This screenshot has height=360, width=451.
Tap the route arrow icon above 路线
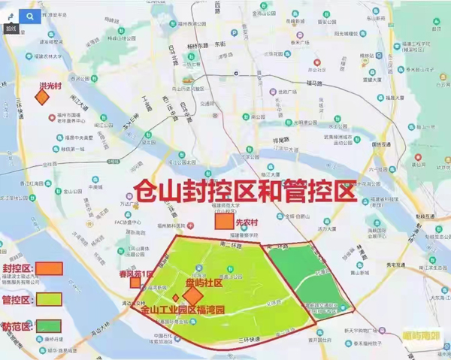tap(10, 16)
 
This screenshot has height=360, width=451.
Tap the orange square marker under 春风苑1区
tap(136, 283)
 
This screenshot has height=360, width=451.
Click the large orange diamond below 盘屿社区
tap(193, 296)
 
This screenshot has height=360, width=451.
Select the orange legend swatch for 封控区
tap(50, 268)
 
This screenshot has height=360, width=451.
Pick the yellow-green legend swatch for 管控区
tap(50, 298)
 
